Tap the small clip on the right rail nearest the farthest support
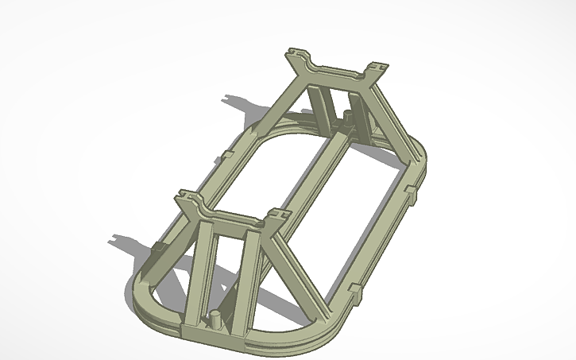[411, 192]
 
